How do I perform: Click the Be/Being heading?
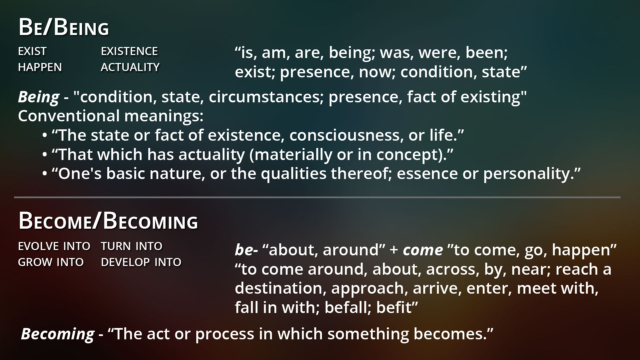click(64, 27)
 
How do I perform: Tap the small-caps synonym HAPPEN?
click(40, 67)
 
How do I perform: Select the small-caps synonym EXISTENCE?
click(129, 51)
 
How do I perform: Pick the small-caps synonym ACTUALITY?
click(130, 67)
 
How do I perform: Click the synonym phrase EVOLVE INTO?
click(54, 246)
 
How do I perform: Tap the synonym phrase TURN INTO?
click(132, 246)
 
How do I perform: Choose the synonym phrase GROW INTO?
click(51, 262)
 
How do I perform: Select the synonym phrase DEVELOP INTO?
click(141, 262)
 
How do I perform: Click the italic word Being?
click(39, 97)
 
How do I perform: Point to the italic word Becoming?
click(58, 334)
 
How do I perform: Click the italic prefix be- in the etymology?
click(246, 249)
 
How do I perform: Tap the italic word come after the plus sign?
click(423, 250)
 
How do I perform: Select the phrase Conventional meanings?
click(111, 116)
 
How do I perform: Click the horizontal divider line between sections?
click(317, 197)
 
